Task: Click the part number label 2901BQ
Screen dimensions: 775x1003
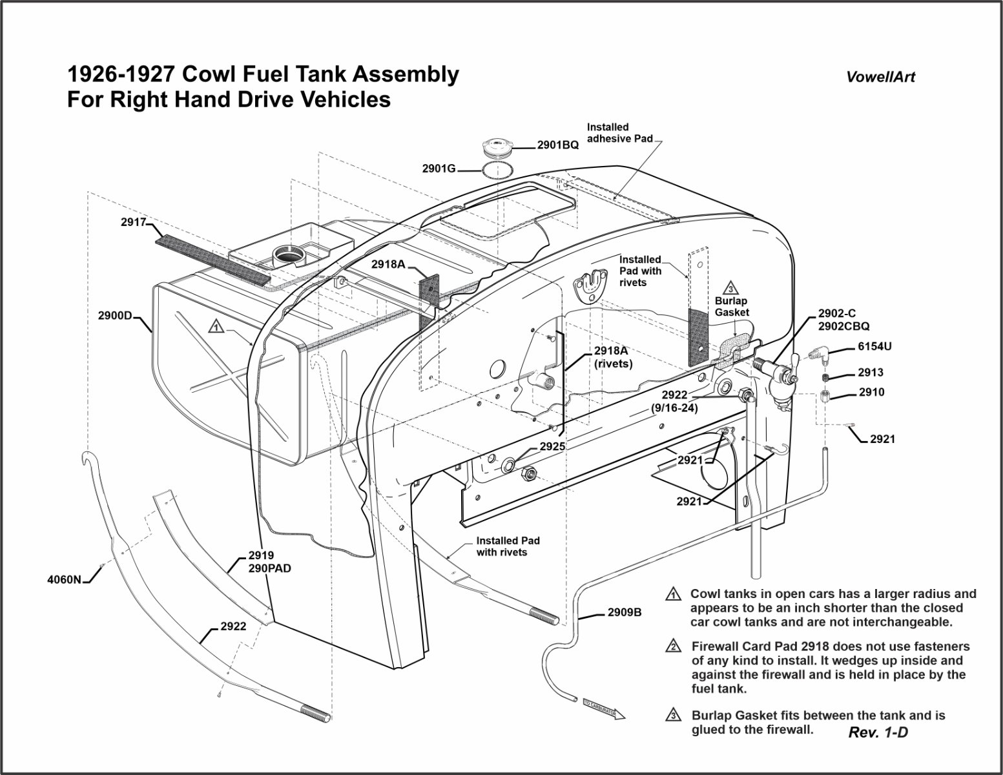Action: point(557,145)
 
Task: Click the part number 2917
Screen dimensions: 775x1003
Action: point(133,222)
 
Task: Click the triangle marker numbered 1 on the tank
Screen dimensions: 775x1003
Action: point(216,327)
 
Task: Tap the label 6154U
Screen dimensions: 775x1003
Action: point(874,346)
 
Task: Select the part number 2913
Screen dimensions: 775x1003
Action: point(871,373)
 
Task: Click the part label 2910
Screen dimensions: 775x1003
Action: point(871,392)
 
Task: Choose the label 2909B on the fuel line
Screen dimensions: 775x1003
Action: point(624,613)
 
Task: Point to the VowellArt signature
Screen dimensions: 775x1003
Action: point(880,77)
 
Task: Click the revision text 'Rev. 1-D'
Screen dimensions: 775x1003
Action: point(878,732)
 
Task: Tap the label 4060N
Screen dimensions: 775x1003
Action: point(65,579)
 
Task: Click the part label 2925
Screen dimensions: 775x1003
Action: point(552,446)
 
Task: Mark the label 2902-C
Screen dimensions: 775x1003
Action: point(836,314)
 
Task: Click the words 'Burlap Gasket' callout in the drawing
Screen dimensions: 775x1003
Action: point(731,307)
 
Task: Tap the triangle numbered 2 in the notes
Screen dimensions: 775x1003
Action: point(673,646)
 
